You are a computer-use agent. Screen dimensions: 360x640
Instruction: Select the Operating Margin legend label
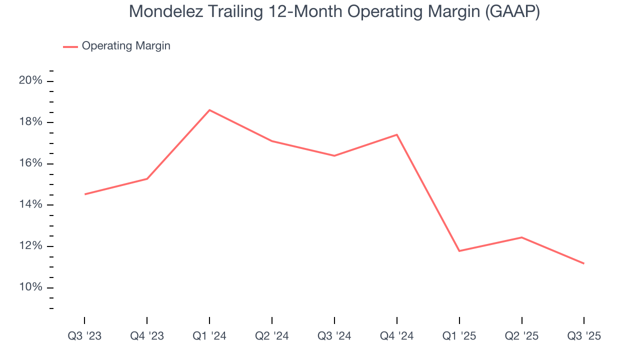126,46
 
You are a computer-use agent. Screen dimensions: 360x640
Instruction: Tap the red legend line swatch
70,46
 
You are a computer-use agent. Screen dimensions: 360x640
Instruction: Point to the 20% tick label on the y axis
30,81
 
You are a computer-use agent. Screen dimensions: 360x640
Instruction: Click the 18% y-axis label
30,122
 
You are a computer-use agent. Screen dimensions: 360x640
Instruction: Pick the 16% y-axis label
30,164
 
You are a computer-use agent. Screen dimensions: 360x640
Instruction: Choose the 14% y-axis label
30,205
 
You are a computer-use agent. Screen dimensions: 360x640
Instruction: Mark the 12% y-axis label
30,246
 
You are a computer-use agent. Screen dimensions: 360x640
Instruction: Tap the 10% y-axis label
30,287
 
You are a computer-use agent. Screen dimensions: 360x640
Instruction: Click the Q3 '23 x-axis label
84,336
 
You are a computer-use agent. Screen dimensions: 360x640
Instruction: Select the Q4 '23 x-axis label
147,336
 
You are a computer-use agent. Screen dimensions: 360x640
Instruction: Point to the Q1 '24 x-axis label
209,336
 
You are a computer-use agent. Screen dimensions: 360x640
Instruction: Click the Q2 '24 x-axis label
272,336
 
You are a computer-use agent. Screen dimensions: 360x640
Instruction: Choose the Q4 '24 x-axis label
397,336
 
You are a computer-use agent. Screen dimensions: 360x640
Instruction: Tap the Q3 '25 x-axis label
584,336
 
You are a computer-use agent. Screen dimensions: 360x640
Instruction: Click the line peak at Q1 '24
209,110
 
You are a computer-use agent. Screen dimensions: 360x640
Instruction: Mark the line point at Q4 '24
397,134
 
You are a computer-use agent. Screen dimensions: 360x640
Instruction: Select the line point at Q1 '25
459,250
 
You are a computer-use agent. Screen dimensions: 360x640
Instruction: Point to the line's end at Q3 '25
583,263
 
